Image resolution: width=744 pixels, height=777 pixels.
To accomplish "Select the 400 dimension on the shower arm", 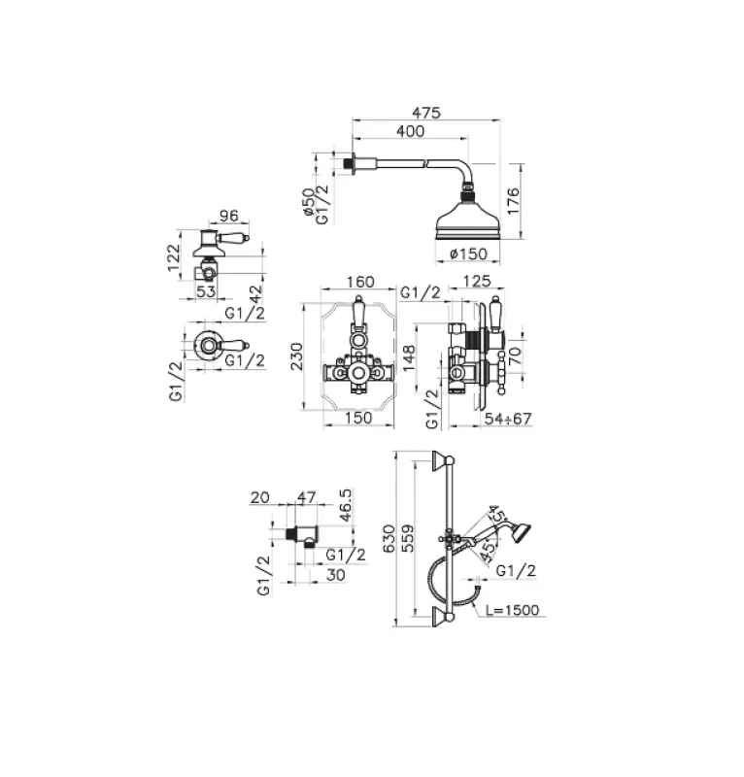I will point(411,131).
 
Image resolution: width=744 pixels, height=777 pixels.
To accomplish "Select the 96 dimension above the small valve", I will point(229,217).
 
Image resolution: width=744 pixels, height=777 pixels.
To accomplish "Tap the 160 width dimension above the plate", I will point(359,283).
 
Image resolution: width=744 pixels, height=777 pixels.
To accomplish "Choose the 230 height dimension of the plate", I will point(300,358).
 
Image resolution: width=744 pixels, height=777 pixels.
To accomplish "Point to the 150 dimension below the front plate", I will point(358,419).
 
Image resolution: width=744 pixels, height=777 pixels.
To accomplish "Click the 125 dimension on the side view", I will point(476,283).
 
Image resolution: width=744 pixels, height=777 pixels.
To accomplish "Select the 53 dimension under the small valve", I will point(205,290).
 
